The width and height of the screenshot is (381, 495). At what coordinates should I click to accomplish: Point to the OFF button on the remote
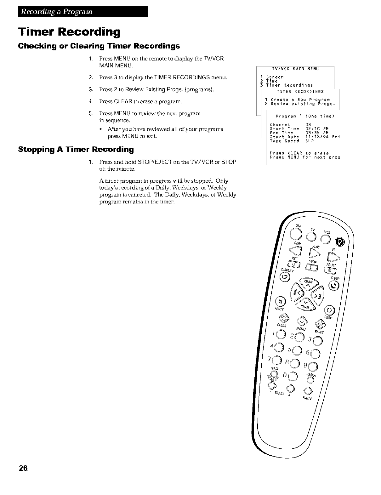(296, 233)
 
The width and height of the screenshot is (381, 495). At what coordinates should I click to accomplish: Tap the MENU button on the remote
(302, 321)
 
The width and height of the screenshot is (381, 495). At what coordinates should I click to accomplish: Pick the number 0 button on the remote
(293, 376)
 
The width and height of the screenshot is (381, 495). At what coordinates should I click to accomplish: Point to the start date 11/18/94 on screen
(317, 137)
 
